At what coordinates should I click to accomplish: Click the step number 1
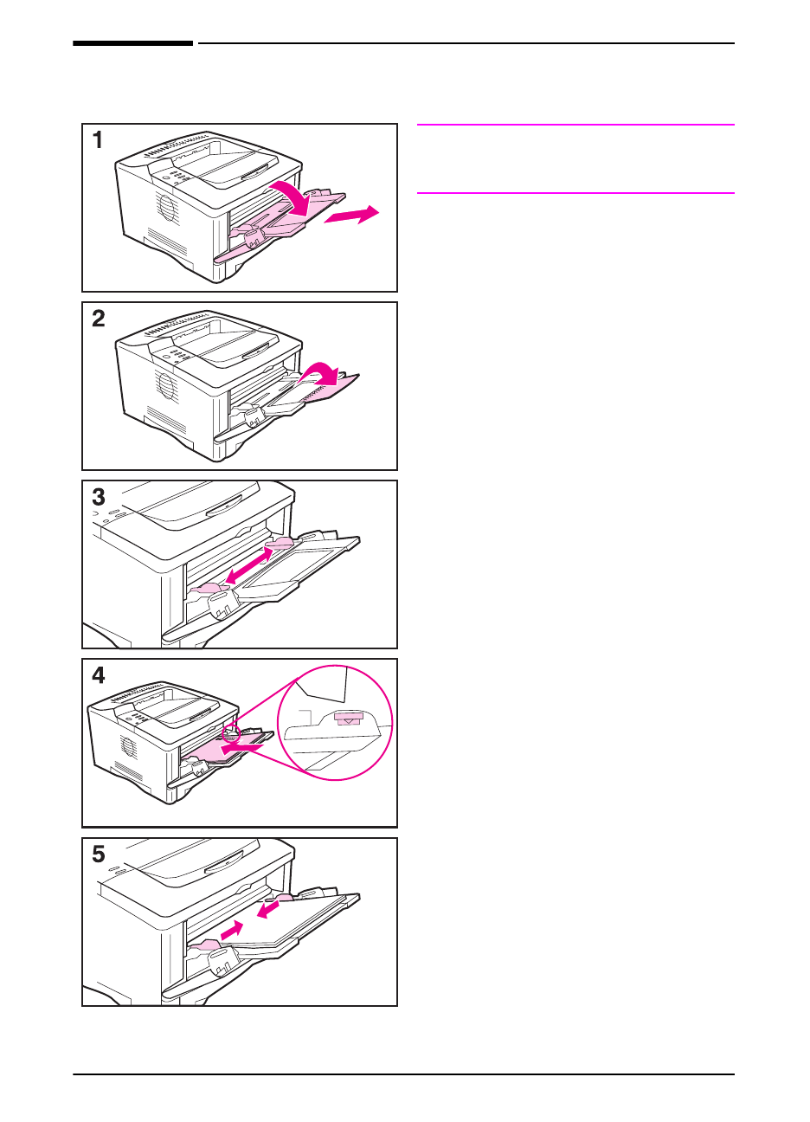[x=98, y=140]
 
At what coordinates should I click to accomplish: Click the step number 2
[x=99, y=319]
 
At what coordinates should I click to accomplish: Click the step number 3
[x=99, y=497]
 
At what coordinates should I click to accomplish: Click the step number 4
[x=99, y=675]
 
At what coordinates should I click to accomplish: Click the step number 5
[x=99, y=854]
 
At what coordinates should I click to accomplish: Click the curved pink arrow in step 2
[x=325, y=375]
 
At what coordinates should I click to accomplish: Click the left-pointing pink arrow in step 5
[x=268, y=911]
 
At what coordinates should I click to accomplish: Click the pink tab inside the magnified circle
[x=349, y=718]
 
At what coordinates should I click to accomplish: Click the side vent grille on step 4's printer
[x=129, y=745]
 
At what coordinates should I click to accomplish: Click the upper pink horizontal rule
[x=575, y=125]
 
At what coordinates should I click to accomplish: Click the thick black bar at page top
[x=132, y=42]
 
